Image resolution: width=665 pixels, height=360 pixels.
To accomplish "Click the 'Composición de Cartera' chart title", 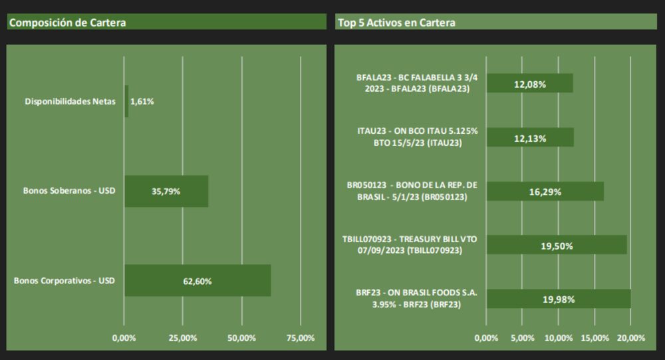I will coord(67,23).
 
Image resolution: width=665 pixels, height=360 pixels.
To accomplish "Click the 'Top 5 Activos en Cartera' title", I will coord(396,23).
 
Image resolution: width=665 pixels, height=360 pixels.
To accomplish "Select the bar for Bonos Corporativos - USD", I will coord(198,281).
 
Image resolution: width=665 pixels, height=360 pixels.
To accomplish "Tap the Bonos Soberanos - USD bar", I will coord(166,191).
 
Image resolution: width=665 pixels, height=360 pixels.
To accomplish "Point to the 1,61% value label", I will coord(142,102).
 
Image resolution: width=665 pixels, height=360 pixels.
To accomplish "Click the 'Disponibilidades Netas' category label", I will coord(70,102).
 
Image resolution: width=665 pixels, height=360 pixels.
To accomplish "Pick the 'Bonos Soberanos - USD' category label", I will coord(69,191).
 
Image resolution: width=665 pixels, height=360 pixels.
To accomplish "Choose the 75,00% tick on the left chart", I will coord(301,338).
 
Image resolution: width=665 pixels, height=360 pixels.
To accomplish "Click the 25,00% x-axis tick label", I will coord(183,338).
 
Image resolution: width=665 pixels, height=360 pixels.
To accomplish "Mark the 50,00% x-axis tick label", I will coord(242,338).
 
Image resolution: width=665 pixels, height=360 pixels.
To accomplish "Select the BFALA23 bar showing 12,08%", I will coord(530,84).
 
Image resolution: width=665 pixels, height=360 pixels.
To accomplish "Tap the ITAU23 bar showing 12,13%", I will coord(530,138).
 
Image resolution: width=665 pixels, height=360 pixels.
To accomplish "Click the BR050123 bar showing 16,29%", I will coord(545,192).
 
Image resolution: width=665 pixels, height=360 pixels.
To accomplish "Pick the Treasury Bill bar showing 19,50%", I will coord(557,246).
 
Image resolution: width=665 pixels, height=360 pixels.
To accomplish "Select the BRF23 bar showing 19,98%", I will coord(559,299).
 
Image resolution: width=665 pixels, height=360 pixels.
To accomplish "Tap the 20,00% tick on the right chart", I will coord(630,338).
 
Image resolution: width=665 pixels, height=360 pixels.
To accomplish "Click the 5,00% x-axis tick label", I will coord(523,338).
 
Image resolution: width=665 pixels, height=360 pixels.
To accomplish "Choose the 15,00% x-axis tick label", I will coord(595,338).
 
